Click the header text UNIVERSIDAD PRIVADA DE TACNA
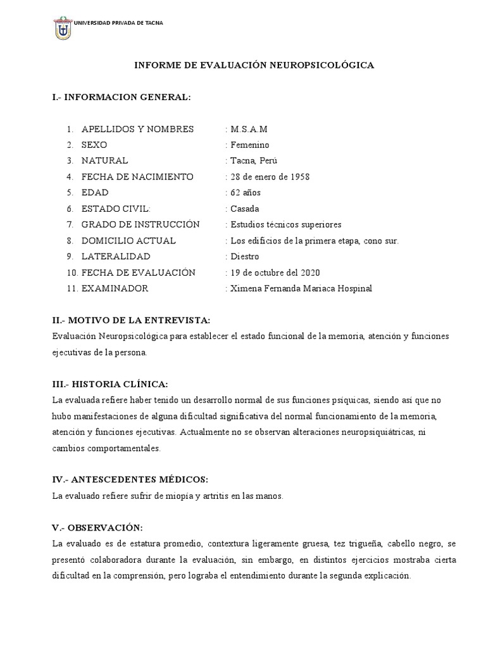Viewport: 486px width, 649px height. tap(118, 23)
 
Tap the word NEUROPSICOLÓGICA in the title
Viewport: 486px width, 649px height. tap(325, 65)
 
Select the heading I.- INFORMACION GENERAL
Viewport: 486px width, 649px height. tap(121, 98)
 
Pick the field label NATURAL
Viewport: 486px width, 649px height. tap(104, 161)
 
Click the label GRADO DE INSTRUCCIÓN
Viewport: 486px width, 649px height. tap(140, 224)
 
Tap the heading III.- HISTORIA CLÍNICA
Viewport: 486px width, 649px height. tap(110, 385)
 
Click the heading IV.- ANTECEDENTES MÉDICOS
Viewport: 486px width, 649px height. tap(130, 480)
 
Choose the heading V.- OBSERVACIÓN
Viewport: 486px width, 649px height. tap(97, 528)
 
